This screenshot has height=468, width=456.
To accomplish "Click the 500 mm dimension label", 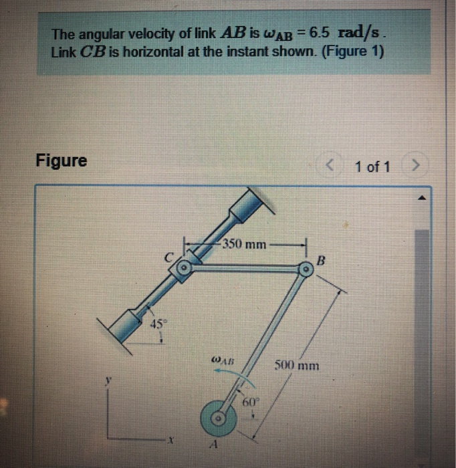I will [297, 366].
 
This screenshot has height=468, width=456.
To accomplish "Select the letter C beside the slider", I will [170, 256].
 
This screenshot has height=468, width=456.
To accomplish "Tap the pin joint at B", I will [305, 270].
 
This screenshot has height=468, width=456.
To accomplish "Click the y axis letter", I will [106, 380].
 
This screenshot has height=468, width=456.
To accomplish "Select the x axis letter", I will [171, 441].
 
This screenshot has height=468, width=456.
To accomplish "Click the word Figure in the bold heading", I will [62, 161].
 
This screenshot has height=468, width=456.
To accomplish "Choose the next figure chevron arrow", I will [416, 166].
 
